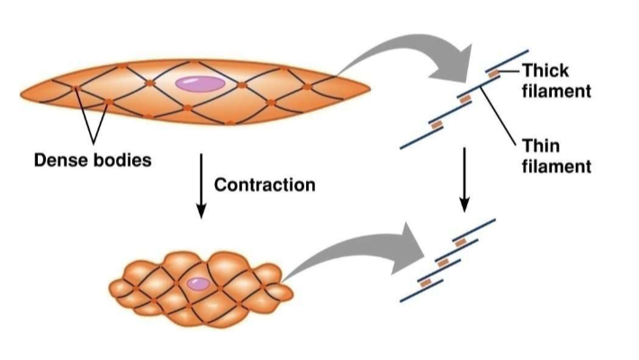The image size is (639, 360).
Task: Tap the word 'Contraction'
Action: click(265, 186)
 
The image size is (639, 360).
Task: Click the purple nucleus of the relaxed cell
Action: click(201, 85)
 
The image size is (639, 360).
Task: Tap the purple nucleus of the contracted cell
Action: click(197, 283)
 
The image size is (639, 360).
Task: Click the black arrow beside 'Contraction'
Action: click(201, 186)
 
